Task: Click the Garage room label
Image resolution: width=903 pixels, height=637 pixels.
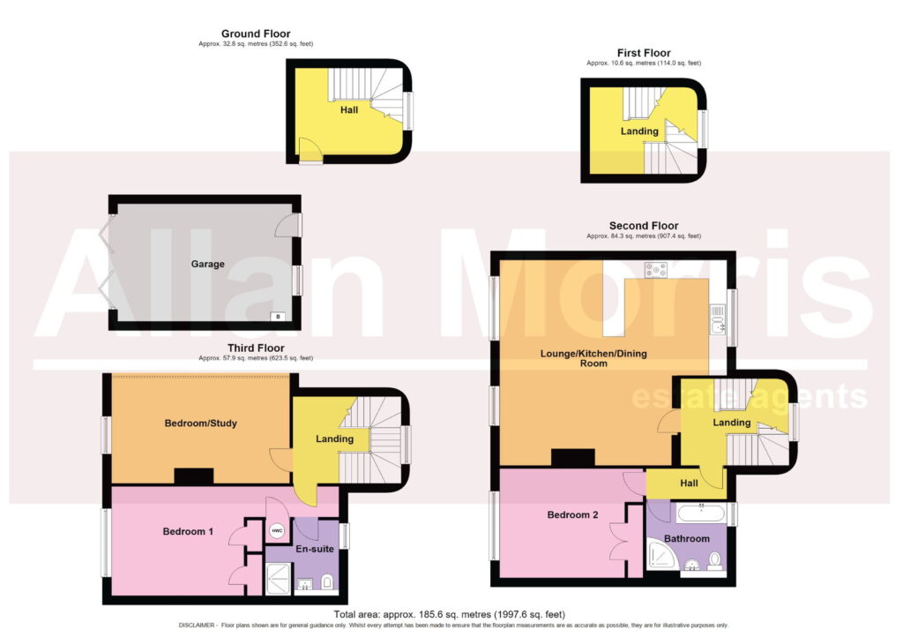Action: [x=207, y=264]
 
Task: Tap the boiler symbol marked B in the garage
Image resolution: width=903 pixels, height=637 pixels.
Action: [x=278, y=316]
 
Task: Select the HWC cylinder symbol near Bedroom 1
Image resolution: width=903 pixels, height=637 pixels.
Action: [x=277, y=530]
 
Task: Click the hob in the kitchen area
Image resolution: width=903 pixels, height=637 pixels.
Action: [x=656, y=270]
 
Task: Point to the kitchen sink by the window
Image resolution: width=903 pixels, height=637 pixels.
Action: [x=717, y=320]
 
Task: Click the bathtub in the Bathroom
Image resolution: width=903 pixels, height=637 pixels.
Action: [x=701, y=513]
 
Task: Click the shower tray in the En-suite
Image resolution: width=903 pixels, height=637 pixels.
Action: [x=278, y=578]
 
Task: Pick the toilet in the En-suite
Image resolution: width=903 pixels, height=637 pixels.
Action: [x=327, y=581]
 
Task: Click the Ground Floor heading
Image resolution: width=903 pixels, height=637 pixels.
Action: [x=256, y=34]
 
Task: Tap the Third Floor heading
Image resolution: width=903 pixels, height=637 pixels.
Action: [x=256, y=348]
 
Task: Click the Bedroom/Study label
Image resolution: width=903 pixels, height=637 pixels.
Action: [x=200, y=423]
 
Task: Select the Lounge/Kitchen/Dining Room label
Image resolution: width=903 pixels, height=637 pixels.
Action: [x=593, y=358]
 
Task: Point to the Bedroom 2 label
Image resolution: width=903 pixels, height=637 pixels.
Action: [x=572, y=515]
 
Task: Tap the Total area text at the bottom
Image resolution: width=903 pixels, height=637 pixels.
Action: [x=449, y=615]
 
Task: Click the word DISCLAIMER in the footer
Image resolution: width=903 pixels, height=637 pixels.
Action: [x=197, y=626]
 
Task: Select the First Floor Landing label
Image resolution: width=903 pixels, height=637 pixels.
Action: [x=639, y=131]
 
